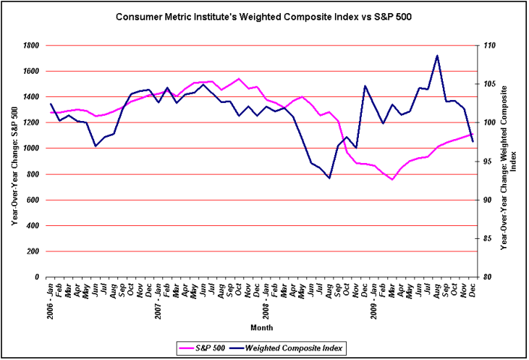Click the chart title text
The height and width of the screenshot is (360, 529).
264,15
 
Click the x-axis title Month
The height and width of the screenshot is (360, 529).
262,328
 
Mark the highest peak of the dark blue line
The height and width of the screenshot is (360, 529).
437,56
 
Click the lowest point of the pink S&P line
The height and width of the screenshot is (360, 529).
392,179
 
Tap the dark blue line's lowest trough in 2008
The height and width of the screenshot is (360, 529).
329,178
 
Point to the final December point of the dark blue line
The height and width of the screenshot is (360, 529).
473,142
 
